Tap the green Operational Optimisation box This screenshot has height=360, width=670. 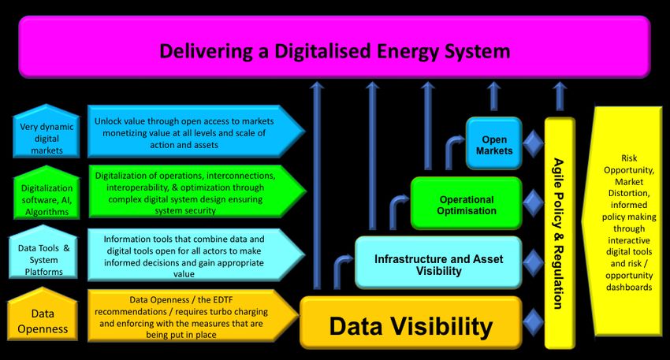pos(467,205)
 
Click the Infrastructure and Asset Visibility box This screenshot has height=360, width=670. pos(438,264)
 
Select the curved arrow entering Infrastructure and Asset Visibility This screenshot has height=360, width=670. pos(343,266)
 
